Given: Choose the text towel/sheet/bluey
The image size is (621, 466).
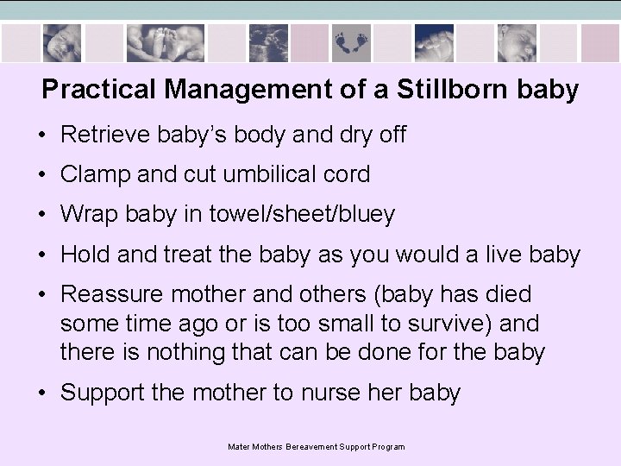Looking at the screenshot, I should tap(302, 215).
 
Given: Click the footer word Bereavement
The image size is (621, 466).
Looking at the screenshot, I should tap(311, 447).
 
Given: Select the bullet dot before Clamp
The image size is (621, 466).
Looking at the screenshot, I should tap(42, 175).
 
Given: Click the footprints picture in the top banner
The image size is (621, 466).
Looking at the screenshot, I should tap(351, 41).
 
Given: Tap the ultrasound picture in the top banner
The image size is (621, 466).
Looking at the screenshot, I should tap(268, 41).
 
